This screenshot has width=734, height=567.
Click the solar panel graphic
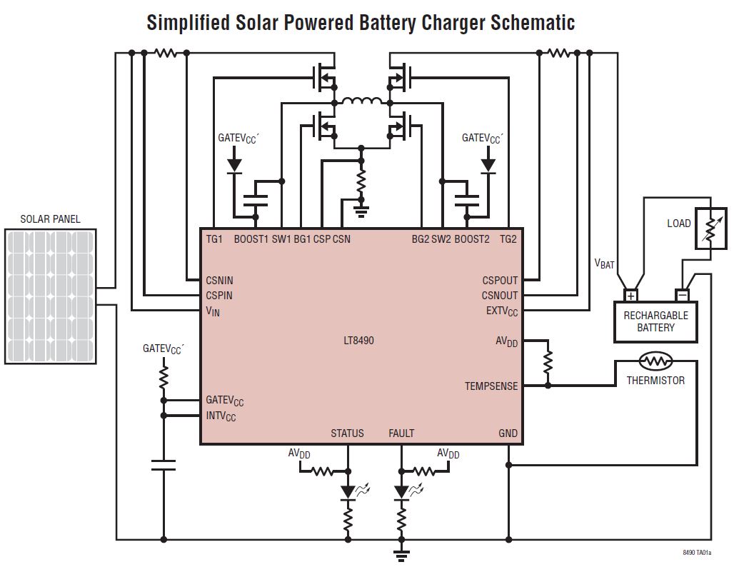tap(50, 296)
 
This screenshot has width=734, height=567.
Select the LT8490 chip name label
tap(358, 341)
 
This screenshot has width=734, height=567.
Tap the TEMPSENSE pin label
tap(491, 386)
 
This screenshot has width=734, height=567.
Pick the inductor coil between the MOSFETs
tap(361, 101)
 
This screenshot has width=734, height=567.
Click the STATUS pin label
tap(347, 433)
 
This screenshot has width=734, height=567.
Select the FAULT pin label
tap(401, 433)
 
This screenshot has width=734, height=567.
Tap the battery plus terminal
tap(631, 295)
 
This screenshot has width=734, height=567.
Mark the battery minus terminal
tap(683, 295)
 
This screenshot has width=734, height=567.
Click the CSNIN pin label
tap(219, 281)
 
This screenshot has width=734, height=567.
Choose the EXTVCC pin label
tap(502, 311)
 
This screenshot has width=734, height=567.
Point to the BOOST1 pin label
tap(251, 239)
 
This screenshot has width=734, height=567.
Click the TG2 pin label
tap(508, 239)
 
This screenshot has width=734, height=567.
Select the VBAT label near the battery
tap(604, 264)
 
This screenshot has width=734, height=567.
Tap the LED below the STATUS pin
tap(348, 491)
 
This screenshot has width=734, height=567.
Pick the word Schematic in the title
tap(532, 22)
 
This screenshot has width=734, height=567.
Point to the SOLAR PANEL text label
tap(50, 219)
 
